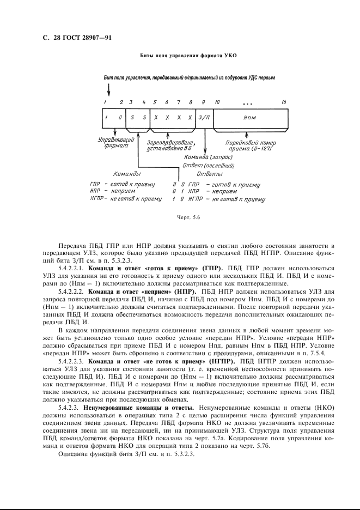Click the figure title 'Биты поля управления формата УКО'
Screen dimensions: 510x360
click(x=180, y=56)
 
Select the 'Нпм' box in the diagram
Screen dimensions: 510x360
click(x=251, y=118)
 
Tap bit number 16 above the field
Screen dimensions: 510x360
click(x=284, y=102)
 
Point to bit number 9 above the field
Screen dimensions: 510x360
click(x=203, y=102)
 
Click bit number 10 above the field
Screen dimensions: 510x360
click(x=217, y=102)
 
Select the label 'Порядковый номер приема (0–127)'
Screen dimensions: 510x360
click(x=251, y=145)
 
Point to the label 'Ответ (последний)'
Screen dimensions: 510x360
click(x=209, y=165)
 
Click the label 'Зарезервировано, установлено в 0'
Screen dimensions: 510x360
click(x=171, y=144)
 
